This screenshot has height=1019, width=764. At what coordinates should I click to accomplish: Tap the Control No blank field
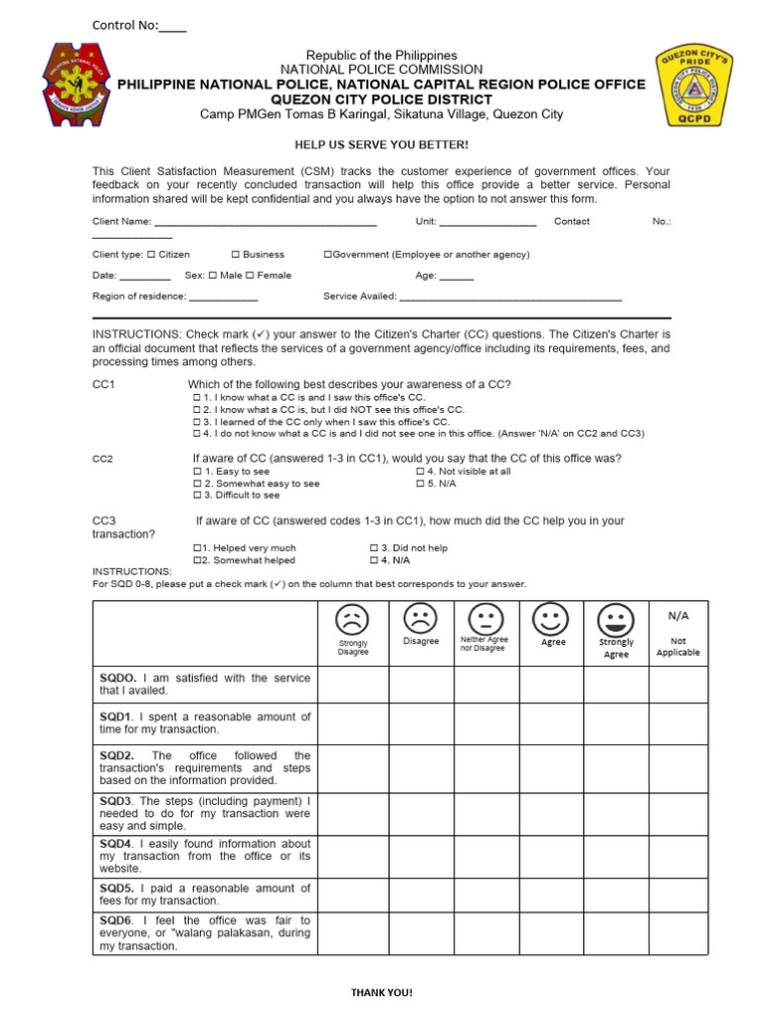[172, 27]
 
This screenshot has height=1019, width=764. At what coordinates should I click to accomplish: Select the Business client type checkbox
[235, 255]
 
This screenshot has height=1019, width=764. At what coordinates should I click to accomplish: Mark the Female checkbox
[250, 276]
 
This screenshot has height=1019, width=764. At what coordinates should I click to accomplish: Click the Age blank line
[456, 277]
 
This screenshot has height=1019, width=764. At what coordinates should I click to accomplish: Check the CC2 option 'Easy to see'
[197, 472]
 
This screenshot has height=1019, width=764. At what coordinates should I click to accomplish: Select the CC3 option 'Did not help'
[374, 548]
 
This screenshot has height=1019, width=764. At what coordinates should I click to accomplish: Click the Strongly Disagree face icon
[352, 620]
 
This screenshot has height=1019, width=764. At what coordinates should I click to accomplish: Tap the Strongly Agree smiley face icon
[616, 621]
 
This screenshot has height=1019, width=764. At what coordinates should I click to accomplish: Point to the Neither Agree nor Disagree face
[484, 619]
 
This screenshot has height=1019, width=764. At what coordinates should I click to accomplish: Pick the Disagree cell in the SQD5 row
[421, 895]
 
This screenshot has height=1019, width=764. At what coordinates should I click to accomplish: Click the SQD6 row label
[205, 933]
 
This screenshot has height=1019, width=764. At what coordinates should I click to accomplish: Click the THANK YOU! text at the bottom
[381, 992]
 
